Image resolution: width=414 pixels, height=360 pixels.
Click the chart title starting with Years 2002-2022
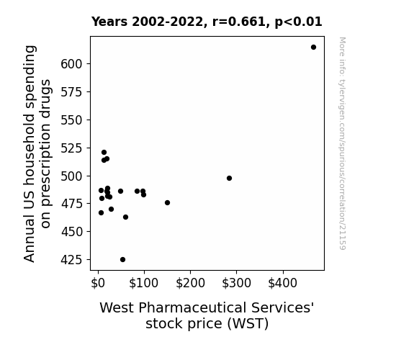click(x=207, y=22)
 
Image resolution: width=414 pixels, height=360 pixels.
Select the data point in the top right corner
click(x=313, y=48)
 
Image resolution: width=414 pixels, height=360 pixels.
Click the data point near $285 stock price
click(x=229, y=179)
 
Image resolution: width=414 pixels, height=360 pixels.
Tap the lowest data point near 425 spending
click(x=123, y=260)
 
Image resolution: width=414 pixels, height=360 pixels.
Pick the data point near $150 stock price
click(x=167, y=203)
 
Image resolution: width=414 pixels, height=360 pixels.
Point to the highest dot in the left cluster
click(x=104, y=153)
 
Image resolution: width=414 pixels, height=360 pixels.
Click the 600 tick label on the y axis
click(x=71, y=64)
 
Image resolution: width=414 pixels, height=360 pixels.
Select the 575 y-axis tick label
click(x=71, y=92)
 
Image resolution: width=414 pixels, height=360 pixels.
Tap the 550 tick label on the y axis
click(x=71, y=120)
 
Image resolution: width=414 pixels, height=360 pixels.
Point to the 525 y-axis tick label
click(x=71, y=148)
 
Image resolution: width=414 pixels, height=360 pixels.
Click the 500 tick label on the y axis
click(x=71, y=176)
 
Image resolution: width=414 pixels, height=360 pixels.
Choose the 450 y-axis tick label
click(x=71, y=232)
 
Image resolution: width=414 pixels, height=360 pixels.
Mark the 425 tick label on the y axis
click(x=71, y=260)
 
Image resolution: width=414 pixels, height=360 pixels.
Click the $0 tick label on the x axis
click(x=98, y=283)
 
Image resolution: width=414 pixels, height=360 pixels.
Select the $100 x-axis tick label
click(x=143, y=283)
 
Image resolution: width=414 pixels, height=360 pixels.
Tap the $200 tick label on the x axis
click(x=190, y=283)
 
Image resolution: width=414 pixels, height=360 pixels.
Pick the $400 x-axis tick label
click(x=282, y=283)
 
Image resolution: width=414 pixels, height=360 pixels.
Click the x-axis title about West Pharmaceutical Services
click(x=207, y=315)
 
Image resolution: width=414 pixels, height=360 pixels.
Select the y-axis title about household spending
click(x=37, y=153)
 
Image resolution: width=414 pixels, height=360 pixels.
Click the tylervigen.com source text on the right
click(x=342, y=143)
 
